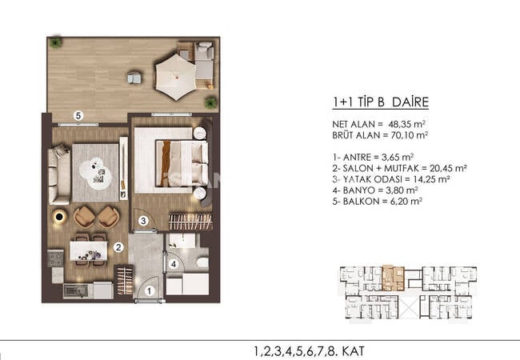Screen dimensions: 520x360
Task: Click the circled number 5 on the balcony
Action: click(78, 116)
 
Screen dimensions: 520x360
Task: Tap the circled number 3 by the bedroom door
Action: click(143, 221)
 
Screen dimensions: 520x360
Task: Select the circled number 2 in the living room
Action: click(118, 247)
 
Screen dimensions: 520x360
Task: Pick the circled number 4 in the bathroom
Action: click(173, 264)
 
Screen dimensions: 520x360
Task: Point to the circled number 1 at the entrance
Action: click(150, 291)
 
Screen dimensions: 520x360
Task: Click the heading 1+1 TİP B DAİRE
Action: click(381, 102)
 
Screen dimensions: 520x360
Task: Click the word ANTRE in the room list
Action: click(357, 157)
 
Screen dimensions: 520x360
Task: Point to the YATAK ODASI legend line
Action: click(391, 179)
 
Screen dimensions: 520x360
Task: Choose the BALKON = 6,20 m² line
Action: click(377, 202)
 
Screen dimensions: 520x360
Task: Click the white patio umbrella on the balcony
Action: click(176, 78)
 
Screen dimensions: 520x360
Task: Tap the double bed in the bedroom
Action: click(182, 163)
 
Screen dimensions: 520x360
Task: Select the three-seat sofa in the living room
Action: click(59, 174)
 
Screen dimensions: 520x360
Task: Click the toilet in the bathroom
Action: click(202, 263)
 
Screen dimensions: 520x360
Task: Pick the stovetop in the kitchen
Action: click(55, 258)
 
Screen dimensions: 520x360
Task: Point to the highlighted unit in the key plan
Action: click(393, 278)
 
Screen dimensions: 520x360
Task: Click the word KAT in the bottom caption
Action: click(354, 351)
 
